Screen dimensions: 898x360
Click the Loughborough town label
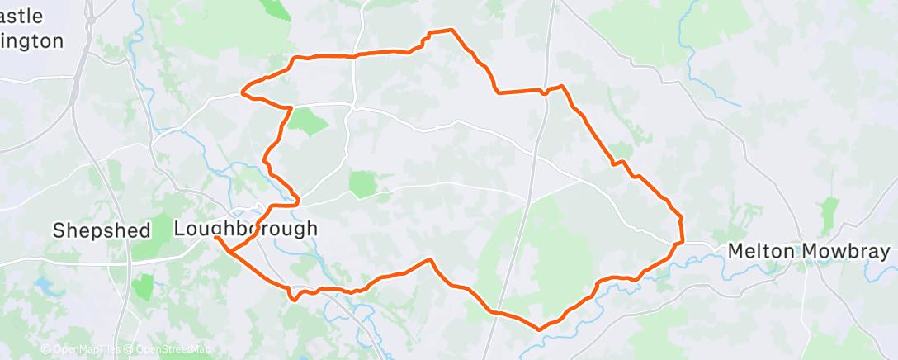coord(245,228)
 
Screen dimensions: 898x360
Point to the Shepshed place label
coord(102,230)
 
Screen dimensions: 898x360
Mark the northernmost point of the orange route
coord(451,30)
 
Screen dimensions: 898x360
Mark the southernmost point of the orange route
coord(540,329)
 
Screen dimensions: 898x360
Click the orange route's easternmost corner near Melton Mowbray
coord(683,241)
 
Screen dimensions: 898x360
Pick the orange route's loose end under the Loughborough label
coord(215,238)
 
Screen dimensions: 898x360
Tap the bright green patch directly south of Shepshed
coord(142,287)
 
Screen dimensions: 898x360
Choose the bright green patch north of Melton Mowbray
coord(829,211)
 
